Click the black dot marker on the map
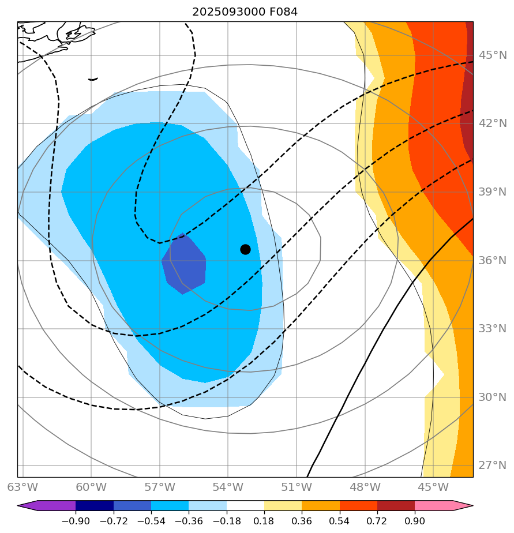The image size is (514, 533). pyautogui.click(x=245, y=249)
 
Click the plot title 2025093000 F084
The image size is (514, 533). pyautogui.click(x=245, y=12)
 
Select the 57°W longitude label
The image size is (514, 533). pyautogui.click(x=159, y=487)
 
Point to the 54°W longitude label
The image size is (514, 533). pyautogui.click(x=227, y=487)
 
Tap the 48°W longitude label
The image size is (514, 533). pyautogui.click(x=365, y=487)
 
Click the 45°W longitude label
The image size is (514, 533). pyautogui.click(x=433, y=487)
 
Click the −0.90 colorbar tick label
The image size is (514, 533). pyautogui.click(x=76, y=520)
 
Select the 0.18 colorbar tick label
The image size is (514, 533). pyautogui.click(x=264, y=520)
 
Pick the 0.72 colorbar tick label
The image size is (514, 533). pyautogui.click(x=377, y=520)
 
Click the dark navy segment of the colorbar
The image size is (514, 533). pyautogui.click(x=95, y=506)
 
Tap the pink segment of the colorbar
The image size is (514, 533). pyautogui.click(x=434, y=506)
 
